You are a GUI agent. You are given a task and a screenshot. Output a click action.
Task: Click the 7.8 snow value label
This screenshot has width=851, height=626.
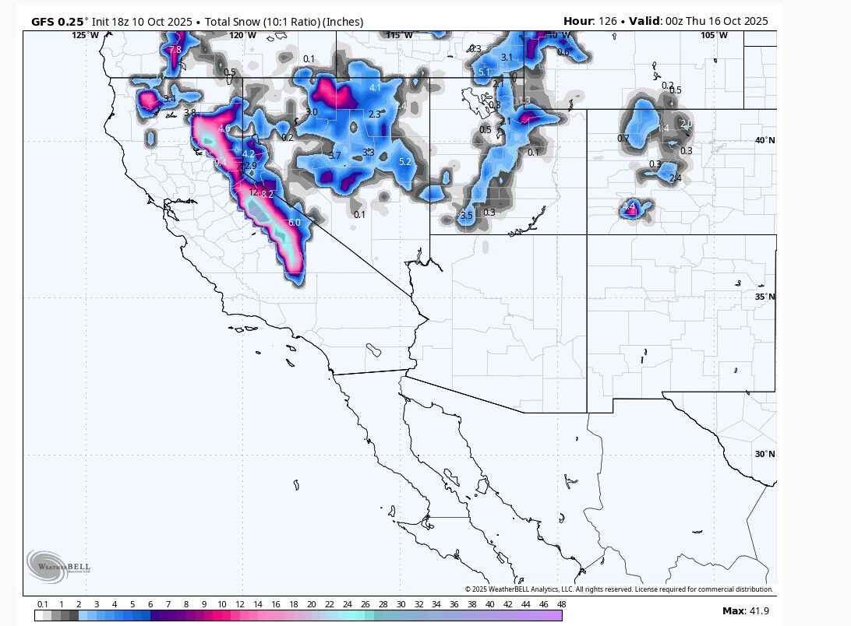point(175,49)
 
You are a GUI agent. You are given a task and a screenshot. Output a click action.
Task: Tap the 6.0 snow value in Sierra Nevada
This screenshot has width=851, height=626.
point(294,223)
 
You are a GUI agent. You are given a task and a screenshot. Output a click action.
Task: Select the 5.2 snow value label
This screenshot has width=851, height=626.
point(405,162)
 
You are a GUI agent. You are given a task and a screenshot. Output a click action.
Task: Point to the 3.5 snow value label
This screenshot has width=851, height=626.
point(466,215)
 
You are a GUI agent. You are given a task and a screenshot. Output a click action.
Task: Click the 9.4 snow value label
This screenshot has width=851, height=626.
point(220,162)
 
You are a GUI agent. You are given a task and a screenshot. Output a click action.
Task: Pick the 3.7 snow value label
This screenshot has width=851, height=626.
point(334,156)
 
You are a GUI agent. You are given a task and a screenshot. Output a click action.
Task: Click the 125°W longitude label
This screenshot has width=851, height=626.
point(86,35)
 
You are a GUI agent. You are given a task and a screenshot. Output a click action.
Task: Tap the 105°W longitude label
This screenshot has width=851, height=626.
point(714,35)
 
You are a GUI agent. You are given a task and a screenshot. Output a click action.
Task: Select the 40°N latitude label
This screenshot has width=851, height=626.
point(764,140)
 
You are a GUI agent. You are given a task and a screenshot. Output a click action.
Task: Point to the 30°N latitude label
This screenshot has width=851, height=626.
point(764,454)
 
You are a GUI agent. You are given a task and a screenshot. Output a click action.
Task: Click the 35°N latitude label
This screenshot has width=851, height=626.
point(764,297)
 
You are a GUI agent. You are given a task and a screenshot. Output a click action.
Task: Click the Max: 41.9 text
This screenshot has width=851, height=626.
point(745,610)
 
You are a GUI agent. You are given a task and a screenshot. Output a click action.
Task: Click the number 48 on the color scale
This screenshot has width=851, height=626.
point(561,604)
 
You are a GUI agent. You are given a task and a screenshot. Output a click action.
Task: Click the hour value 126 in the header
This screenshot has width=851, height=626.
point(607,21)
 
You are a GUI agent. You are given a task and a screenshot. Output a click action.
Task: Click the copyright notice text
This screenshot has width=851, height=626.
point(619,589)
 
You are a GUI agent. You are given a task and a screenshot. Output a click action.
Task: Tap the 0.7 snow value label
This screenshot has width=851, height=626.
point(623,138)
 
